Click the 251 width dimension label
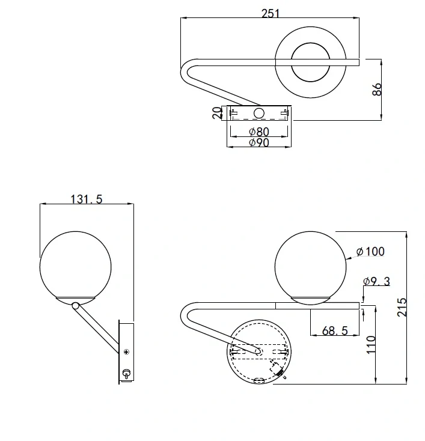(x=271, y=13)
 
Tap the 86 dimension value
(x=377, y=89)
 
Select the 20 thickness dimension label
(x=217, y=113)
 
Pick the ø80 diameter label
(x=259, y=132)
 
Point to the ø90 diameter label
(x=259, y=142)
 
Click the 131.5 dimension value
(x=87, y=199)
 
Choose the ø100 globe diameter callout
(x=370, y=251)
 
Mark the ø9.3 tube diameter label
(x=376, y=281)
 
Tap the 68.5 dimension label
(x=335, y=330)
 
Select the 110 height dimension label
(x=371, y=344)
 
